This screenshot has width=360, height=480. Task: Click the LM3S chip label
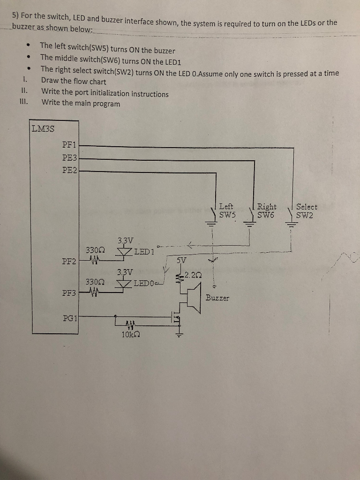(43, 128)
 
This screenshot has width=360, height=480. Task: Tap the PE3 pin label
(69, 158)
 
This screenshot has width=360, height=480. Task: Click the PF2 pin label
(69, 261)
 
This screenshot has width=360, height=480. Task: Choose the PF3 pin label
(69, 293)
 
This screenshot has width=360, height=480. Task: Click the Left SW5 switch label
(227, 211)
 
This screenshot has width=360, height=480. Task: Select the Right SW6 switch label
(267, 211)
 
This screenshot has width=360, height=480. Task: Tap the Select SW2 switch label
(307, 211)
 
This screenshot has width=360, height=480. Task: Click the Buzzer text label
(217, 298)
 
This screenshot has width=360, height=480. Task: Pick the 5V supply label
(182, 260)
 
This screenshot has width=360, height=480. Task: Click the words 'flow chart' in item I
(90, 82)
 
